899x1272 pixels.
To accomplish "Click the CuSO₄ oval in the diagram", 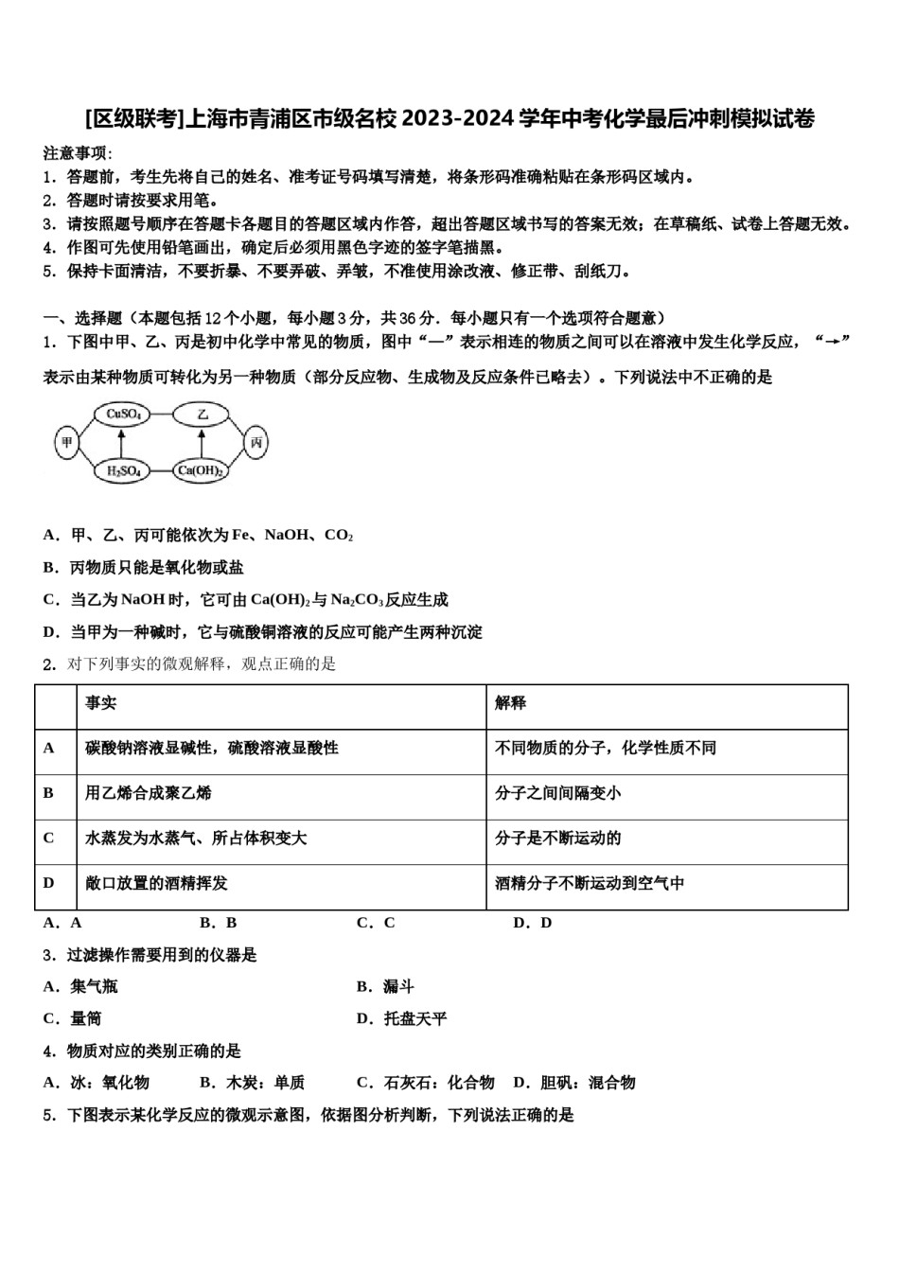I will tap(123, 414).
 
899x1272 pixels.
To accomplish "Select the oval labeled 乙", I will tap(201, 414).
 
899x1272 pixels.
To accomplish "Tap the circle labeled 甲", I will tap(66, 442).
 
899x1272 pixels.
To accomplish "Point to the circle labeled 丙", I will tap(256, 442).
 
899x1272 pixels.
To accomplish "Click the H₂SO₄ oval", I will tap(123, 470).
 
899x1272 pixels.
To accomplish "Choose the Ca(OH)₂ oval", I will tap(201, 470).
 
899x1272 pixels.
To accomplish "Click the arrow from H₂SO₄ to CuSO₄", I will tap(121, 442).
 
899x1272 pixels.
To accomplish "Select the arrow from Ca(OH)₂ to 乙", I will tap(201, 442).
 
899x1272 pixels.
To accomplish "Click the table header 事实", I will tap(101, 703).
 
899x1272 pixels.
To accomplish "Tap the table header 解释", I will tap(510, 703).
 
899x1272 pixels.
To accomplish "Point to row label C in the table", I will tap(49, 839).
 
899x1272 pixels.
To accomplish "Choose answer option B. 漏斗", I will tap(386, 987).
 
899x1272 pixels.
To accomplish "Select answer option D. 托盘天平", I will tap(402, 1019).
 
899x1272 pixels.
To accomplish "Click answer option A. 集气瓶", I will tap(81, 987).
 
